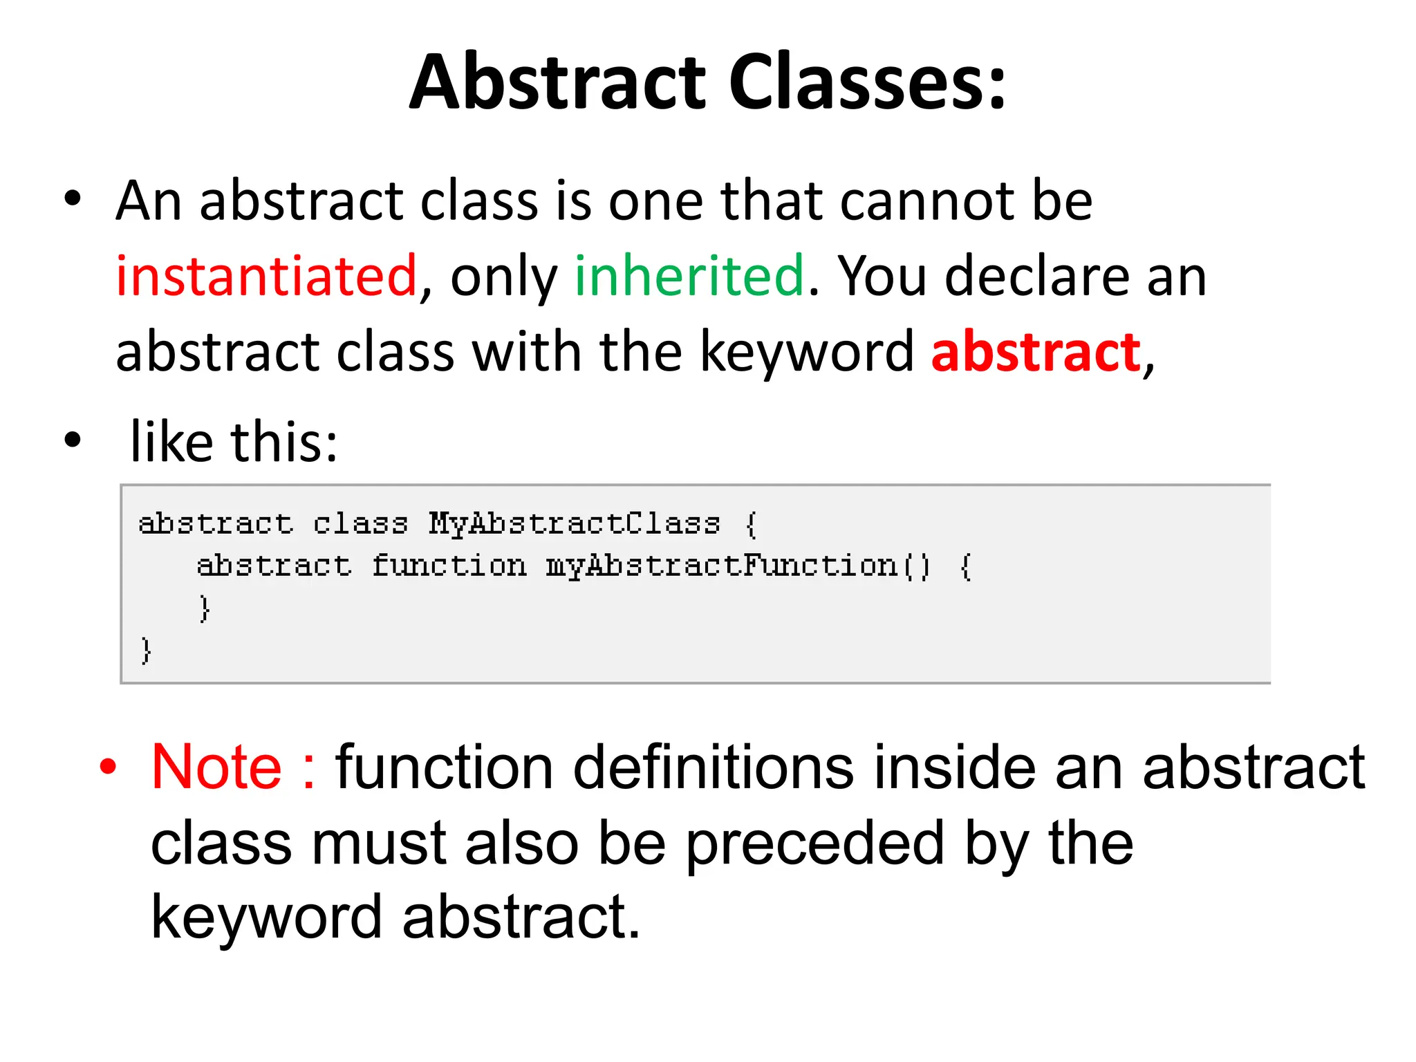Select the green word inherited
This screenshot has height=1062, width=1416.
(x=689, y=276)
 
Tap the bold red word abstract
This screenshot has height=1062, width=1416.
(x=1036, y=352)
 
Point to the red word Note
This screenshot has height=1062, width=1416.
(x=216, y=767)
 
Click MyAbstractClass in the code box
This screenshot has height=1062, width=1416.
(x=574, y=523)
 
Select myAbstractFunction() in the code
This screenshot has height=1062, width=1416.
(x=738, y=566)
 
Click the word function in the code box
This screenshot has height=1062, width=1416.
(x=449, y=566)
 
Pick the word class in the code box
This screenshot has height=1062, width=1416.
(x=360, y=523)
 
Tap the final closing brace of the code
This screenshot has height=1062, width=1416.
(x=145, y=651)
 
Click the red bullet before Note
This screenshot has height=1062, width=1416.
(x=108, y=767)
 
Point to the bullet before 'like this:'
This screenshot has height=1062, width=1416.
(x=73, y=440)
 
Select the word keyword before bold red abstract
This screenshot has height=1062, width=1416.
(x=806, y=353)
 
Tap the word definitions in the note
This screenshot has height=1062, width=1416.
(x=714, y=767)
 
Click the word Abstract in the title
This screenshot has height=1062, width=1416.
(x=556, y=82)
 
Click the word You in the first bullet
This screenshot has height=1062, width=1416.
(x=882, y=276)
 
